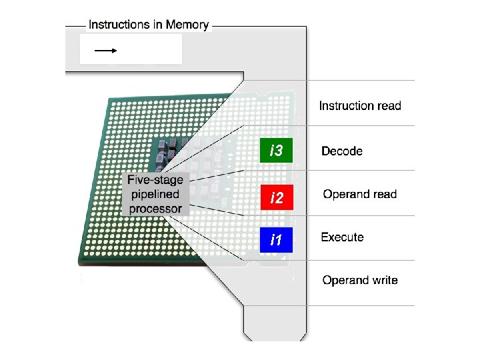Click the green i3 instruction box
(276, 151)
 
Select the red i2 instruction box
(276, 198)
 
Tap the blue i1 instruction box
(276, 240)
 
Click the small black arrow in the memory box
(105, 50)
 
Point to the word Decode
(342, 151)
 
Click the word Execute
(342, 237)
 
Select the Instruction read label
(360, 105)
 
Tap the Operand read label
(359, 195)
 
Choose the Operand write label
(360, 280)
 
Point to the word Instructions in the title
(119, 25)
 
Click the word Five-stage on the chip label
(155, 181)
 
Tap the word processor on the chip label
(155, 209)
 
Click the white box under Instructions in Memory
(131, 49)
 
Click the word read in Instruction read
(389, 105)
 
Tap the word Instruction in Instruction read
(346, 105)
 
